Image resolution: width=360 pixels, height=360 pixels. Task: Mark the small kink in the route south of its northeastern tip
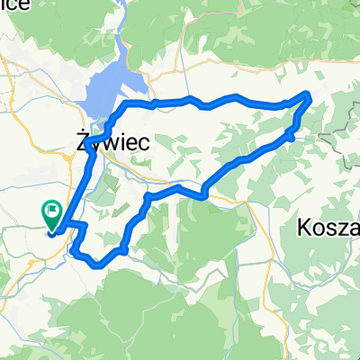(291, 135)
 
